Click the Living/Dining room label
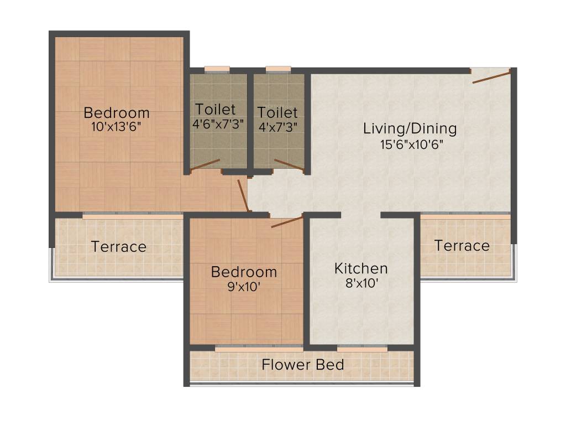coord(410,128)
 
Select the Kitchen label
coord(361,269)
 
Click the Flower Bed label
coord(302,365)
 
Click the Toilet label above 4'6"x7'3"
coord(215,110)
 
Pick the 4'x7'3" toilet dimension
coord(278,126)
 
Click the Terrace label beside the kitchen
coord(462,245)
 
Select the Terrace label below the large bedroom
coord(118,246)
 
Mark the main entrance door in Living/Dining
coord(491,77)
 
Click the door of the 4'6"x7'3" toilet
coord(206,165)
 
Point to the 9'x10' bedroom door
coord(287,222)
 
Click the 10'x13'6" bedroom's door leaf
coord(242,195)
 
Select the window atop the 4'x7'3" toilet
coord(278,70)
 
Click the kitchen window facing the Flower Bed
coord(361,349)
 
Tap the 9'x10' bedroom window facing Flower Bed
coord(258,349)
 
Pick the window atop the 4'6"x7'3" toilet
coord(217,70)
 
